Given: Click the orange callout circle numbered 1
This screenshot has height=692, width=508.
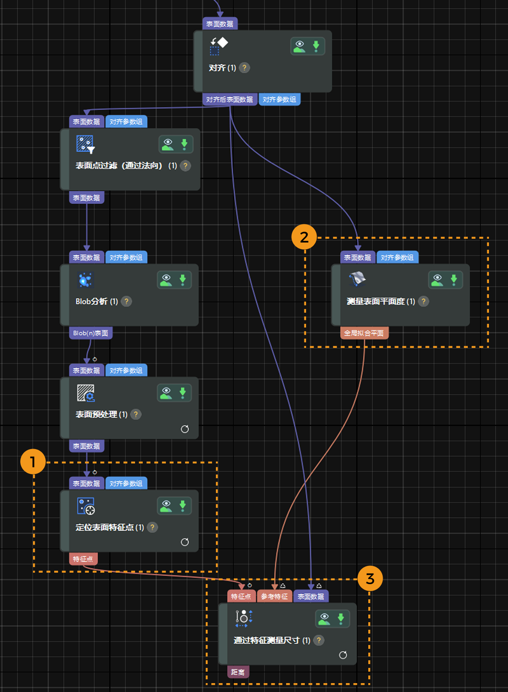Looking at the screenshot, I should (x=33, y=462).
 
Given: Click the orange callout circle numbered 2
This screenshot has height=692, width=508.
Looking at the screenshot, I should (x=304, y=237).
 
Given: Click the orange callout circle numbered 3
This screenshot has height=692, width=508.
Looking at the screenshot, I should (x=370, y=579).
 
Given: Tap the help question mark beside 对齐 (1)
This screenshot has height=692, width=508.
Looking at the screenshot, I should (x=244, y=68).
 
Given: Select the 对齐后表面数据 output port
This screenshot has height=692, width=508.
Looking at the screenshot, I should (x=229, y=99).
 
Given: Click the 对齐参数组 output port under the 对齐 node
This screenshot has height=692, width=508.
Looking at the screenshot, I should (x=279, y=99).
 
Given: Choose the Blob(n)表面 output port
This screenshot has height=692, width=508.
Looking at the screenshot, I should (x=91, y=333).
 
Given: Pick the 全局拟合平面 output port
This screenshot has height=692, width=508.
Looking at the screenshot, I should (x=364, y=333).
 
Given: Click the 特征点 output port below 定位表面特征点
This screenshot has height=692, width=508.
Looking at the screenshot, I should (x=83, y=559).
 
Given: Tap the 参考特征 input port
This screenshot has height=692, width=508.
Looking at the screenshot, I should (x=274, y=596).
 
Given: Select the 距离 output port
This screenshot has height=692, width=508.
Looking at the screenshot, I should (x=238, y=672).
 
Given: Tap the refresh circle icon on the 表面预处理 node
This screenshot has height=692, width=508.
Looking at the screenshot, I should (x=185, y=429).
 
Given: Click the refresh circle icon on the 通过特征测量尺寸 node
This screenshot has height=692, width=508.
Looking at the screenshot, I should (x=343, y=655).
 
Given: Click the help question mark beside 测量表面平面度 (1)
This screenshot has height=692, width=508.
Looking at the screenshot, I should (x=423, y=301).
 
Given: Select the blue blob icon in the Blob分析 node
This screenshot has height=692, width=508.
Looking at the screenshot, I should (x=86, y=280).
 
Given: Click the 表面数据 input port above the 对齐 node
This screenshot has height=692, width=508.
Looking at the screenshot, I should (x=220, y=24).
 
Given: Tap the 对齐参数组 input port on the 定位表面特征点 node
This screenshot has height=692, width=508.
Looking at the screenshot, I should (x=126, y=483).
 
